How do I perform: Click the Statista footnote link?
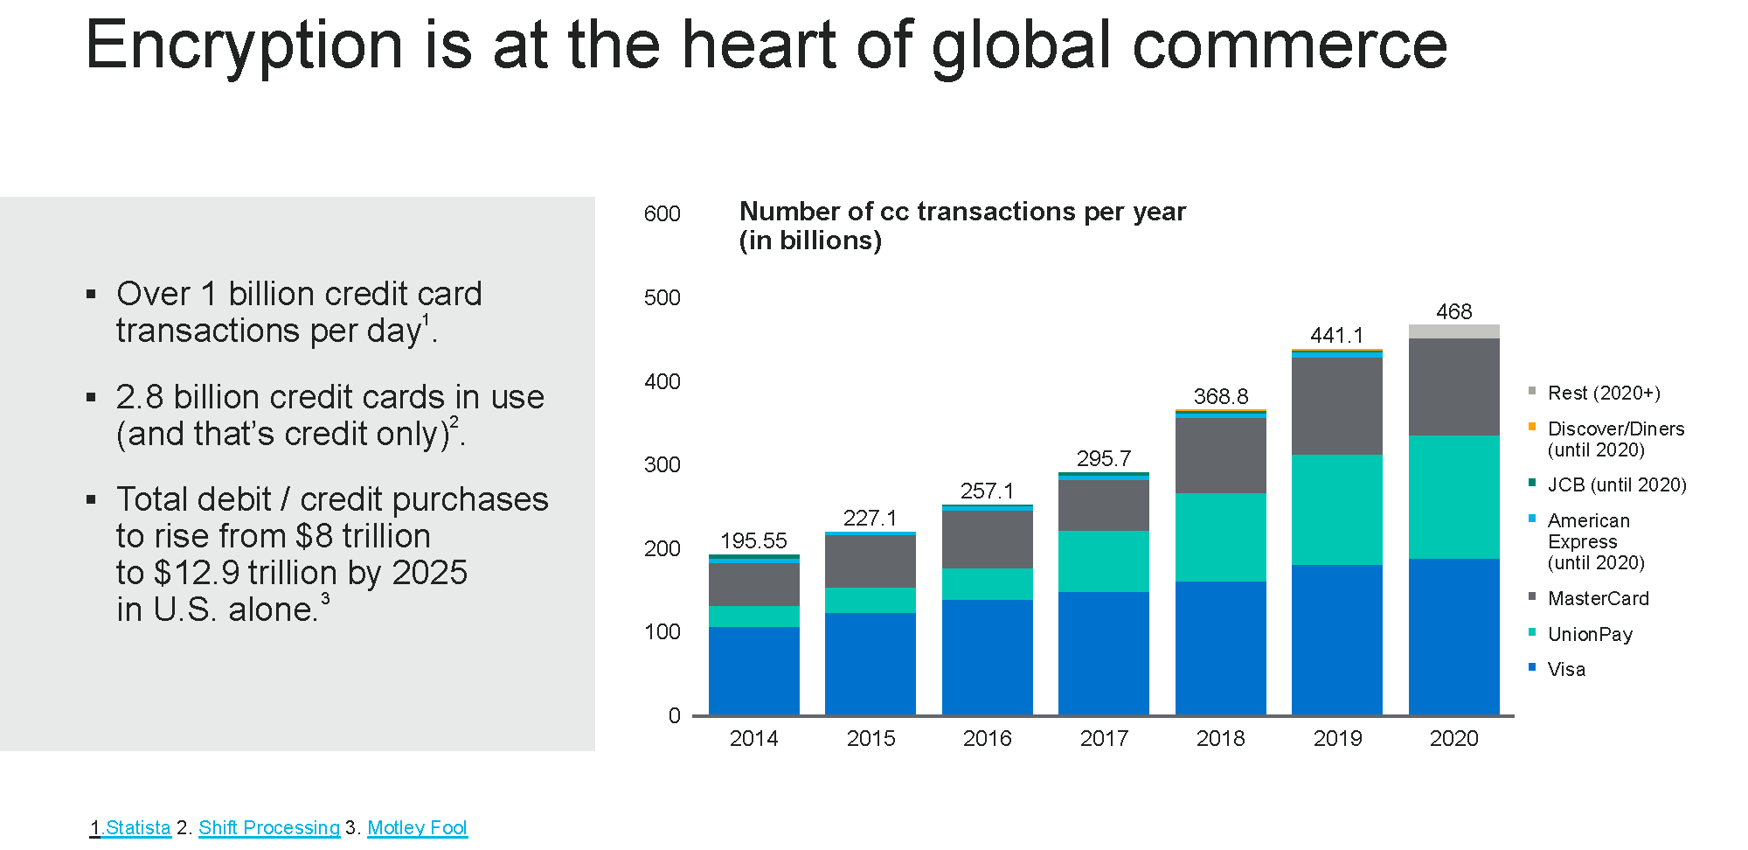coord(137,827)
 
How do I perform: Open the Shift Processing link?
coord(269,827)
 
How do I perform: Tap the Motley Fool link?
coord(417,827)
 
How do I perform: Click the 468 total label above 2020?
coord(1453,312)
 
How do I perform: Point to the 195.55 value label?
coord(753,541)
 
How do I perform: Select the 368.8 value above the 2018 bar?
coord(1220,397)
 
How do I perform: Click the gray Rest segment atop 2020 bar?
coord(1453,331)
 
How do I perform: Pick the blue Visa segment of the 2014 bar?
coord(753,671)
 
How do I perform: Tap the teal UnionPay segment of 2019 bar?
coord(1336,509)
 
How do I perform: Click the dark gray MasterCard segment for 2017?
coord(1103,505)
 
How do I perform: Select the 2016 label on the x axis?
coord(987,739)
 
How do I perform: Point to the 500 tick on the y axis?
coord(662,298)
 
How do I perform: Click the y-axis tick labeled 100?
coord(662,632)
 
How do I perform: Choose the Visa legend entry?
coord(1565,670)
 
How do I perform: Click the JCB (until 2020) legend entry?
coord(1616,485)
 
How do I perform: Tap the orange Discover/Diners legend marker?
coord(1532,427)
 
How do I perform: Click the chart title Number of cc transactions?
coord(961,212)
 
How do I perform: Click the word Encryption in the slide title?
coord(244,45)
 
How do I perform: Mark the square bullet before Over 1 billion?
coord(91,295)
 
